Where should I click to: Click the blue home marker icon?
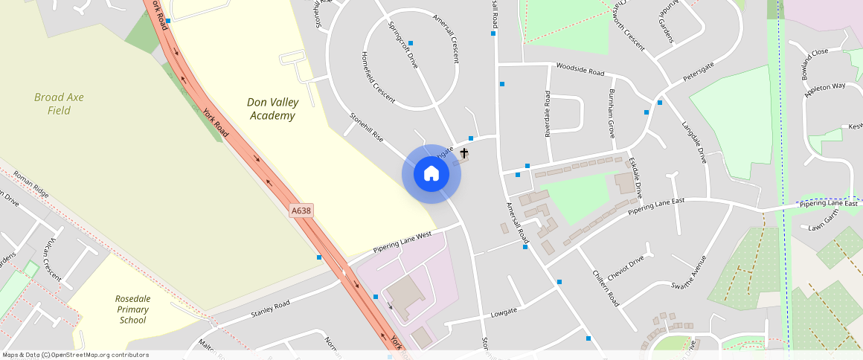click(x=431, y=174)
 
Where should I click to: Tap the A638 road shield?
click(x=301, y=211)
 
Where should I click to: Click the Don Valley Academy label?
click(x=272, y=109)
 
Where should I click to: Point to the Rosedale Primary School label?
click(x=133, y=309)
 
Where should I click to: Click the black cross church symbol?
click(x=464, y=153)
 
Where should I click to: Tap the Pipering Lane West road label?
click(x=402, y=241)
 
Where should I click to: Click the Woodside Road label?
click(x=580, y=70)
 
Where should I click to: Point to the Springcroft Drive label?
click(x=403, y=45)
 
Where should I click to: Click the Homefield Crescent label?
click(x=378, y=75)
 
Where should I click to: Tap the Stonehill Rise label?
click(x=366, y=127)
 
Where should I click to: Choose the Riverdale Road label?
click(x=548, y=114)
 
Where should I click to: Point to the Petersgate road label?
click(x=699, y=71)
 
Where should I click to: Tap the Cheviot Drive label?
click(x=625, y=269)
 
